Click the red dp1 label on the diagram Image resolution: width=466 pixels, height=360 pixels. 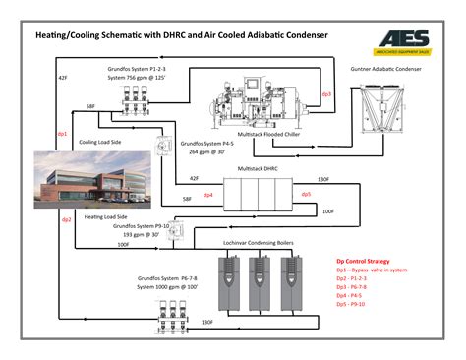coord(62,133)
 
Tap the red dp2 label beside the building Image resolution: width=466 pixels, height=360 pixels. coord(67,219)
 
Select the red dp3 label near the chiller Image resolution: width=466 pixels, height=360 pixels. coord(326,94)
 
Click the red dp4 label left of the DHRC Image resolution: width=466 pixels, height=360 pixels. coord(208,195)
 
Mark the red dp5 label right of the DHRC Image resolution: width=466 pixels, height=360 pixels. coord(306,194)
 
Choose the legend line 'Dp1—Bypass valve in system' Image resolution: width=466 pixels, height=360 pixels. coord(372,270)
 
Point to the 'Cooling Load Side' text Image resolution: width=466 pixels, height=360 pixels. coord(101,141)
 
